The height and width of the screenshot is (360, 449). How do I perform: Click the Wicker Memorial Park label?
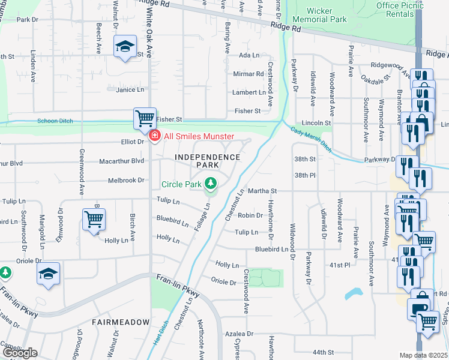click(327, 15)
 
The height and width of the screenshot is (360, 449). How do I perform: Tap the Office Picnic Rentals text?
click(399, 9)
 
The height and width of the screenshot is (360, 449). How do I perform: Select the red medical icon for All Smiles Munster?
click(154, 136)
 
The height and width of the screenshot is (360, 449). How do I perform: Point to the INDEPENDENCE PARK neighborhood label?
click(208, 161)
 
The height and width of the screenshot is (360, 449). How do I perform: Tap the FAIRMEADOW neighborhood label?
click(121, 322)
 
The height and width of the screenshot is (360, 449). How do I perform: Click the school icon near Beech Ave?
click(125, 46)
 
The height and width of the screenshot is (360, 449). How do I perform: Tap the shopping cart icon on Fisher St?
click(145, 118)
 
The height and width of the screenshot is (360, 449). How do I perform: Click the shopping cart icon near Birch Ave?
click(94, 219)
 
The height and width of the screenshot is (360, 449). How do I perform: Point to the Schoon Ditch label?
click(55, 121)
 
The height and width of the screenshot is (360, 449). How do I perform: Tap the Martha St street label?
click(262, 191)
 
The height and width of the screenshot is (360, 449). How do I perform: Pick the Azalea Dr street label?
click(239, 334)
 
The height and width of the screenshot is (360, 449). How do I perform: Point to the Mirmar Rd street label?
click(248, 74)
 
